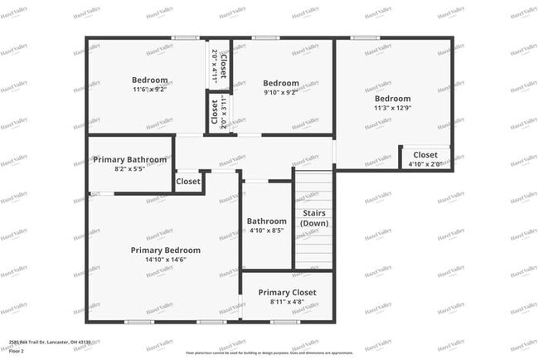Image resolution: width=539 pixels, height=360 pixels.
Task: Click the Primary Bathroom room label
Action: (129, 159)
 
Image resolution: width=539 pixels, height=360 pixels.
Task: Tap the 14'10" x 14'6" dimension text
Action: (166, 260)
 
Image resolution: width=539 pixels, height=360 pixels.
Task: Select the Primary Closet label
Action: (287, 293)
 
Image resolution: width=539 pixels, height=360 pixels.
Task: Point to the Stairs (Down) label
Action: (313, 218)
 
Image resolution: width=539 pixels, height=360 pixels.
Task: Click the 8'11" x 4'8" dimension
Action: (287, 303)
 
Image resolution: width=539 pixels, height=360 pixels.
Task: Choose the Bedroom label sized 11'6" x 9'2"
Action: (150, 80)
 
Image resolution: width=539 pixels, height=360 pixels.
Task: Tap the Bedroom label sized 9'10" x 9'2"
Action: (281, 83)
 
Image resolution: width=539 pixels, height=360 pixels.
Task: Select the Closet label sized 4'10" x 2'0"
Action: (425, 154)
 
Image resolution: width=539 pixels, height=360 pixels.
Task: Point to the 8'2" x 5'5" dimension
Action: (129, 168)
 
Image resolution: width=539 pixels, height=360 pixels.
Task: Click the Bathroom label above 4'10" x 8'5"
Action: (266, 221)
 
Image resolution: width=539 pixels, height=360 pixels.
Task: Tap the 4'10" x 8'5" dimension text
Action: (266, 231)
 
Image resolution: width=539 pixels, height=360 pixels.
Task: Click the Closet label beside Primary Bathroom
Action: (188, 181)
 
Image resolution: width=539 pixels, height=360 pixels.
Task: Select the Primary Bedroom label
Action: (166, 250)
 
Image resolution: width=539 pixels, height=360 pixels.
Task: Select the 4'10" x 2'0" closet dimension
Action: (425, 163)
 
